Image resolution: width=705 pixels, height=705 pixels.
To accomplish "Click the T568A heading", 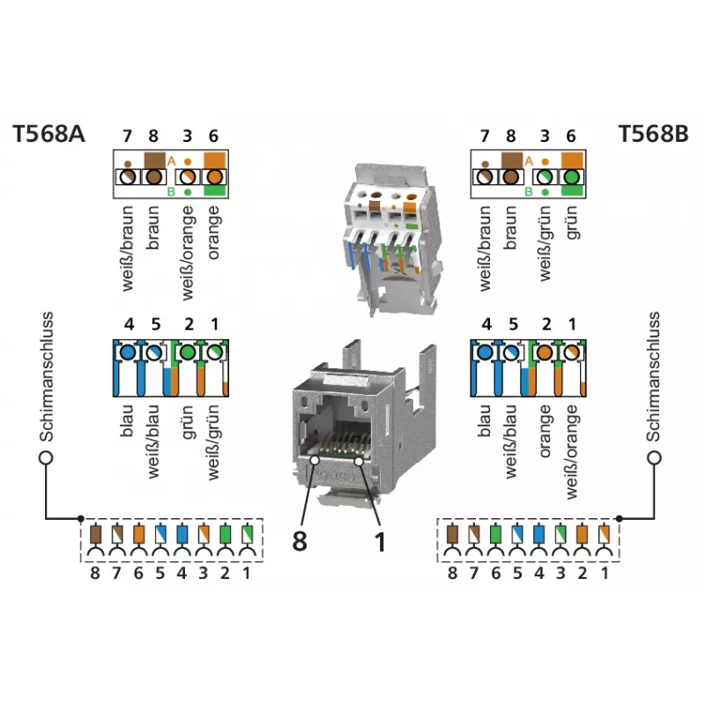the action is (48, 134).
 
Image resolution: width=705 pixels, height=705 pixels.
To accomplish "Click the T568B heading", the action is (653, 134).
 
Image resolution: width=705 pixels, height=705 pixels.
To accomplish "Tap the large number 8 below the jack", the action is (300, 541).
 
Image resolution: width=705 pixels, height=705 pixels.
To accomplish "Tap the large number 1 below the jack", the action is (381, 542).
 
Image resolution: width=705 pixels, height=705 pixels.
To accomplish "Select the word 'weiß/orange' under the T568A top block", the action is (188, 253).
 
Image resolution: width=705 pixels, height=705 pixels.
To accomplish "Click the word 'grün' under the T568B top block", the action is (571, 223).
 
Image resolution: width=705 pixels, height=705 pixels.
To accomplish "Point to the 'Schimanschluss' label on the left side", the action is (47, 377).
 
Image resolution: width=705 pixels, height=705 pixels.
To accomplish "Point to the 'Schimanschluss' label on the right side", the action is (653, 377).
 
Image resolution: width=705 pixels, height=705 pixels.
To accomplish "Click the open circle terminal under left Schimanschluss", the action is (46, 457).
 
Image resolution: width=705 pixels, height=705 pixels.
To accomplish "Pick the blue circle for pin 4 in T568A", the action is (128, 352).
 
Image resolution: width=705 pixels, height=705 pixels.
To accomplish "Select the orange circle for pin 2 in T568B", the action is (545, 352).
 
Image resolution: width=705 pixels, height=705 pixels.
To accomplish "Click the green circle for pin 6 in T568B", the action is (571, 177).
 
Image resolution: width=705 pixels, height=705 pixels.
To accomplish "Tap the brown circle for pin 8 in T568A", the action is (153, 177).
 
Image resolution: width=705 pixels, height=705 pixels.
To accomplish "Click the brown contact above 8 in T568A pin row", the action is (95, 535).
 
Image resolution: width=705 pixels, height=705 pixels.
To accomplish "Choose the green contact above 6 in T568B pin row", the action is (495, 535).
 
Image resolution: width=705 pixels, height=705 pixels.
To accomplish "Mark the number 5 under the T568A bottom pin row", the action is (160, 574).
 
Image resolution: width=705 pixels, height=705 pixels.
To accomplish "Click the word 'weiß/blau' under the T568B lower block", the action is (512, 442).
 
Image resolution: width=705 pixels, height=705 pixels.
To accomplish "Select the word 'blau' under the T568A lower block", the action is (127, 421).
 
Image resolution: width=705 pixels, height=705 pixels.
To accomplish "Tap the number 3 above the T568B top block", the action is (545, 136).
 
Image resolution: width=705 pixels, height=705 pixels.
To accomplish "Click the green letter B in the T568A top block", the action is (171, 192).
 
